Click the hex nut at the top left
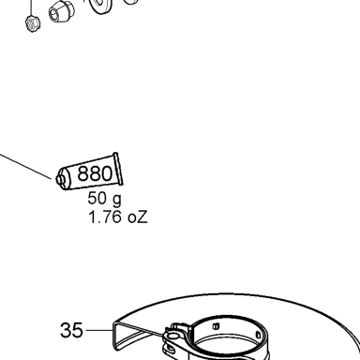point(33,23)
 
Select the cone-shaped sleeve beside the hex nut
point(62,11)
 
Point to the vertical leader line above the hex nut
point(31,7)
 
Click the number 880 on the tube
point(95,173)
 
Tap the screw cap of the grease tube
point(60,179)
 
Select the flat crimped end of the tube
point(118,169)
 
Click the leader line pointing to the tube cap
point(25,166)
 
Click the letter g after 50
point(116,200)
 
